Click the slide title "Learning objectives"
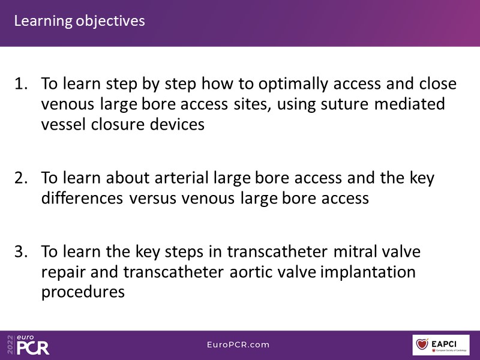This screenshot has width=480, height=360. [80, 22]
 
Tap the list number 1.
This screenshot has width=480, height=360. [21, 83]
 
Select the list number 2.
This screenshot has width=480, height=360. [21, 178]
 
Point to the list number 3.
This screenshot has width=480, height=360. [21, 251]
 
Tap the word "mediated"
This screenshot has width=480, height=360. [410, 103]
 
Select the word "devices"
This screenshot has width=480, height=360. [177, 124]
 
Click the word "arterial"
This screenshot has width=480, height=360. [182, 178]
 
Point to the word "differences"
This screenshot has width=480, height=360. [82, 198]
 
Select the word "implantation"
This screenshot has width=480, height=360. [368, 272]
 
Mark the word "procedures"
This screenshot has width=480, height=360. [83, 292]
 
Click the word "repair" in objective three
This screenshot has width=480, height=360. [64, 273]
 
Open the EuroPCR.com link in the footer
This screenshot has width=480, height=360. [238, 344]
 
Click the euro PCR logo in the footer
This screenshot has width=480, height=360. [33, 344]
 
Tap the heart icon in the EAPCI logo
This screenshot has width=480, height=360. [422, 344]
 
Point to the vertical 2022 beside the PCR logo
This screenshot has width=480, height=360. [10, 344]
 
